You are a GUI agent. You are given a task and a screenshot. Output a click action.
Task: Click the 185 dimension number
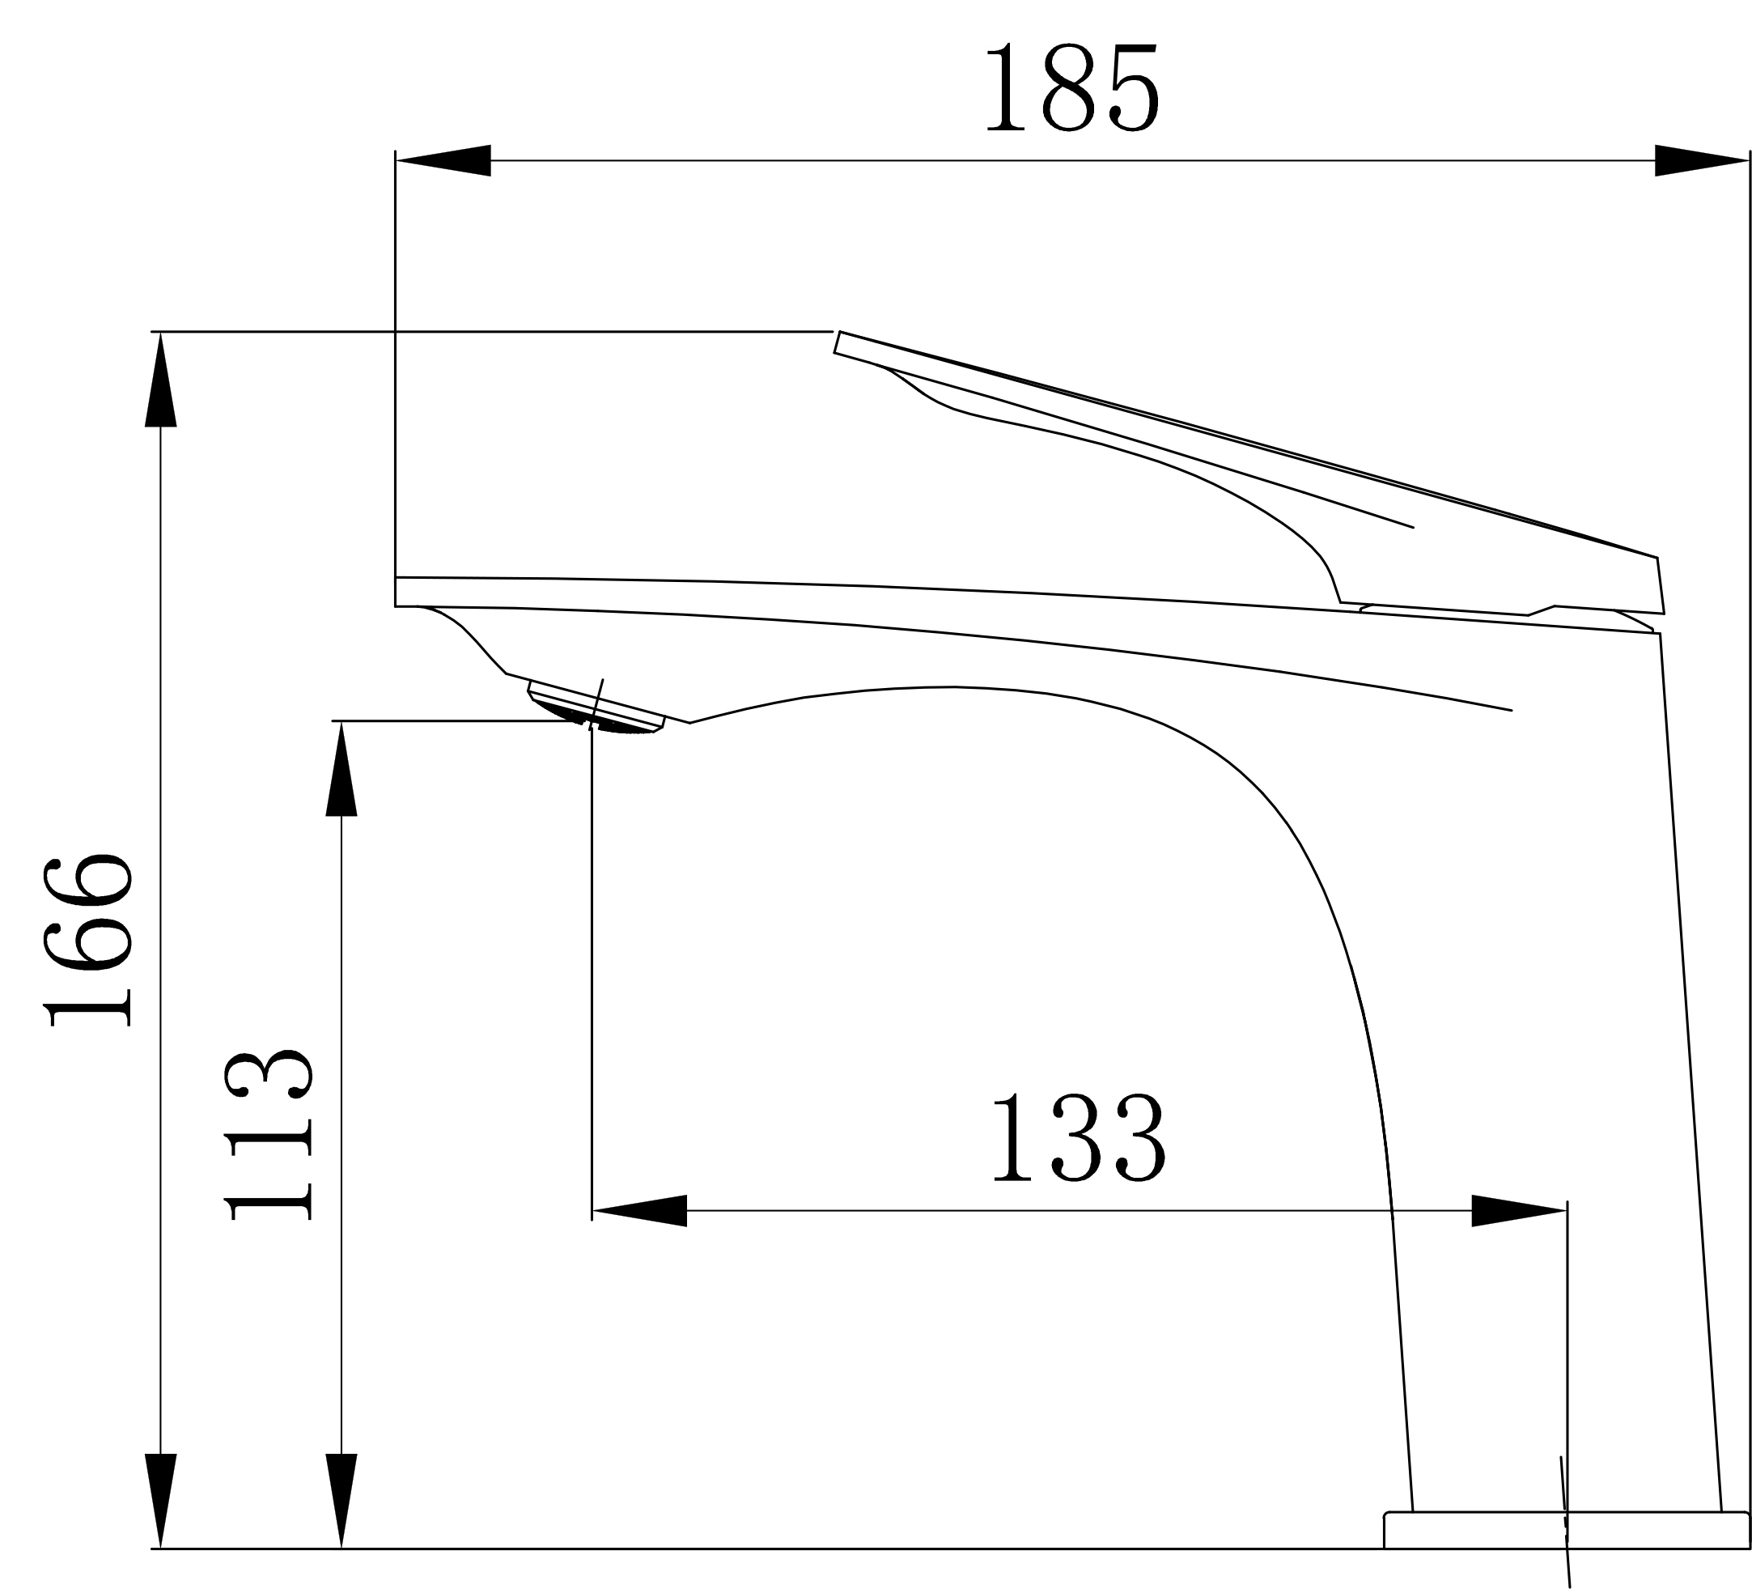tap(1072, 87)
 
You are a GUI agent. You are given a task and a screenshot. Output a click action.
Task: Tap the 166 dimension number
tap(87, 941)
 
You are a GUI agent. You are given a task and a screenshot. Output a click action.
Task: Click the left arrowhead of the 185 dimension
tap(443, 160)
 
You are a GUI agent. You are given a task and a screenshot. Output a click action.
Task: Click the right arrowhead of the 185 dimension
tap(1702, 160)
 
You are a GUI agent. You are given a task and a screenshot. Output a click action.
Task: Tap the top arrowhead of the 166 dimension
tap(161, 379)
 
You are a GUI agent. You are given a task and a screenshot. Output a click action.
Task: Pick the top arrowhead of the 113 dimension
tap(341, 768)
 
